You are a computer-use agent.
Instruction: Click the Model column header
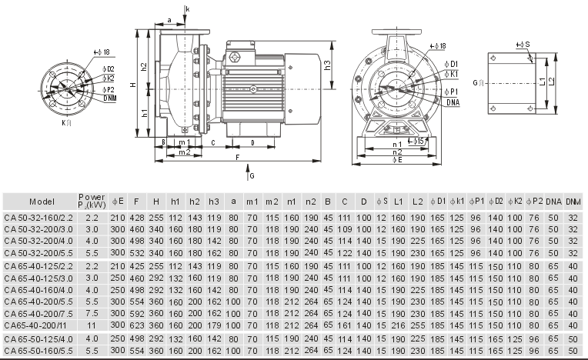42,202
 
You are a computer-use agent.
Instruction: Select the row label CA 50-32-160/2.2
38,218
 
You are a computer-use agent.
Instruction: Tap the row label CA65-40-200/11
38,325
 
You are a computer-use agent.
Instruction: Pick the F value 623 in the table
136,325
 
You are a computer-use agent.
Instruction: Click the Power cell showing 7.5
92,313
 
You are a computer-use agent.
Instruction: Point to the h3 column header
214,202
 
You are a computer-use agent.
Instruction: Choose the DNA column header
553,202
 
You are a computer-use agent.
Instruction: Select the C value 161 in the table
345,325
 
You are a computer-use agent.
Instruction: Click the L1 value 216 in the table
398,325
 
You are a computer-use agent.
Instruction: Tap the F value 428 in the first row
136,218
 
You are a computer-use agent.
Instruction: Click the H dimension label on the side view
133,85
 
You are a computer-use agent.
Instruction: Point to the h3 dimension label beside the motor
327,65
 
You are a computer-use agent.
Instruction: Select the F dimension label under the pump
237,157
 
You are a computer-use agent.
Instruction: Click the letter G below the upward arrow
252,175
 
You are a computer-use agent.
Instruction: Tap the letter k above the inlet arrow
188,8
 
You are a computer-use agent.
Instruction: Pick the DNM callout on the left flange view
110,98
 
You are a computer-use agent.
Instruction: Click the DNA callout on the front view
453,102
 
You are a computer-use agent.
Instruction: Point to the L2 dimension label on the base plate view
551,82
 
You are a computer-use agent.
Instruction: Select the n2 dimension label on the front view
397,152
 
